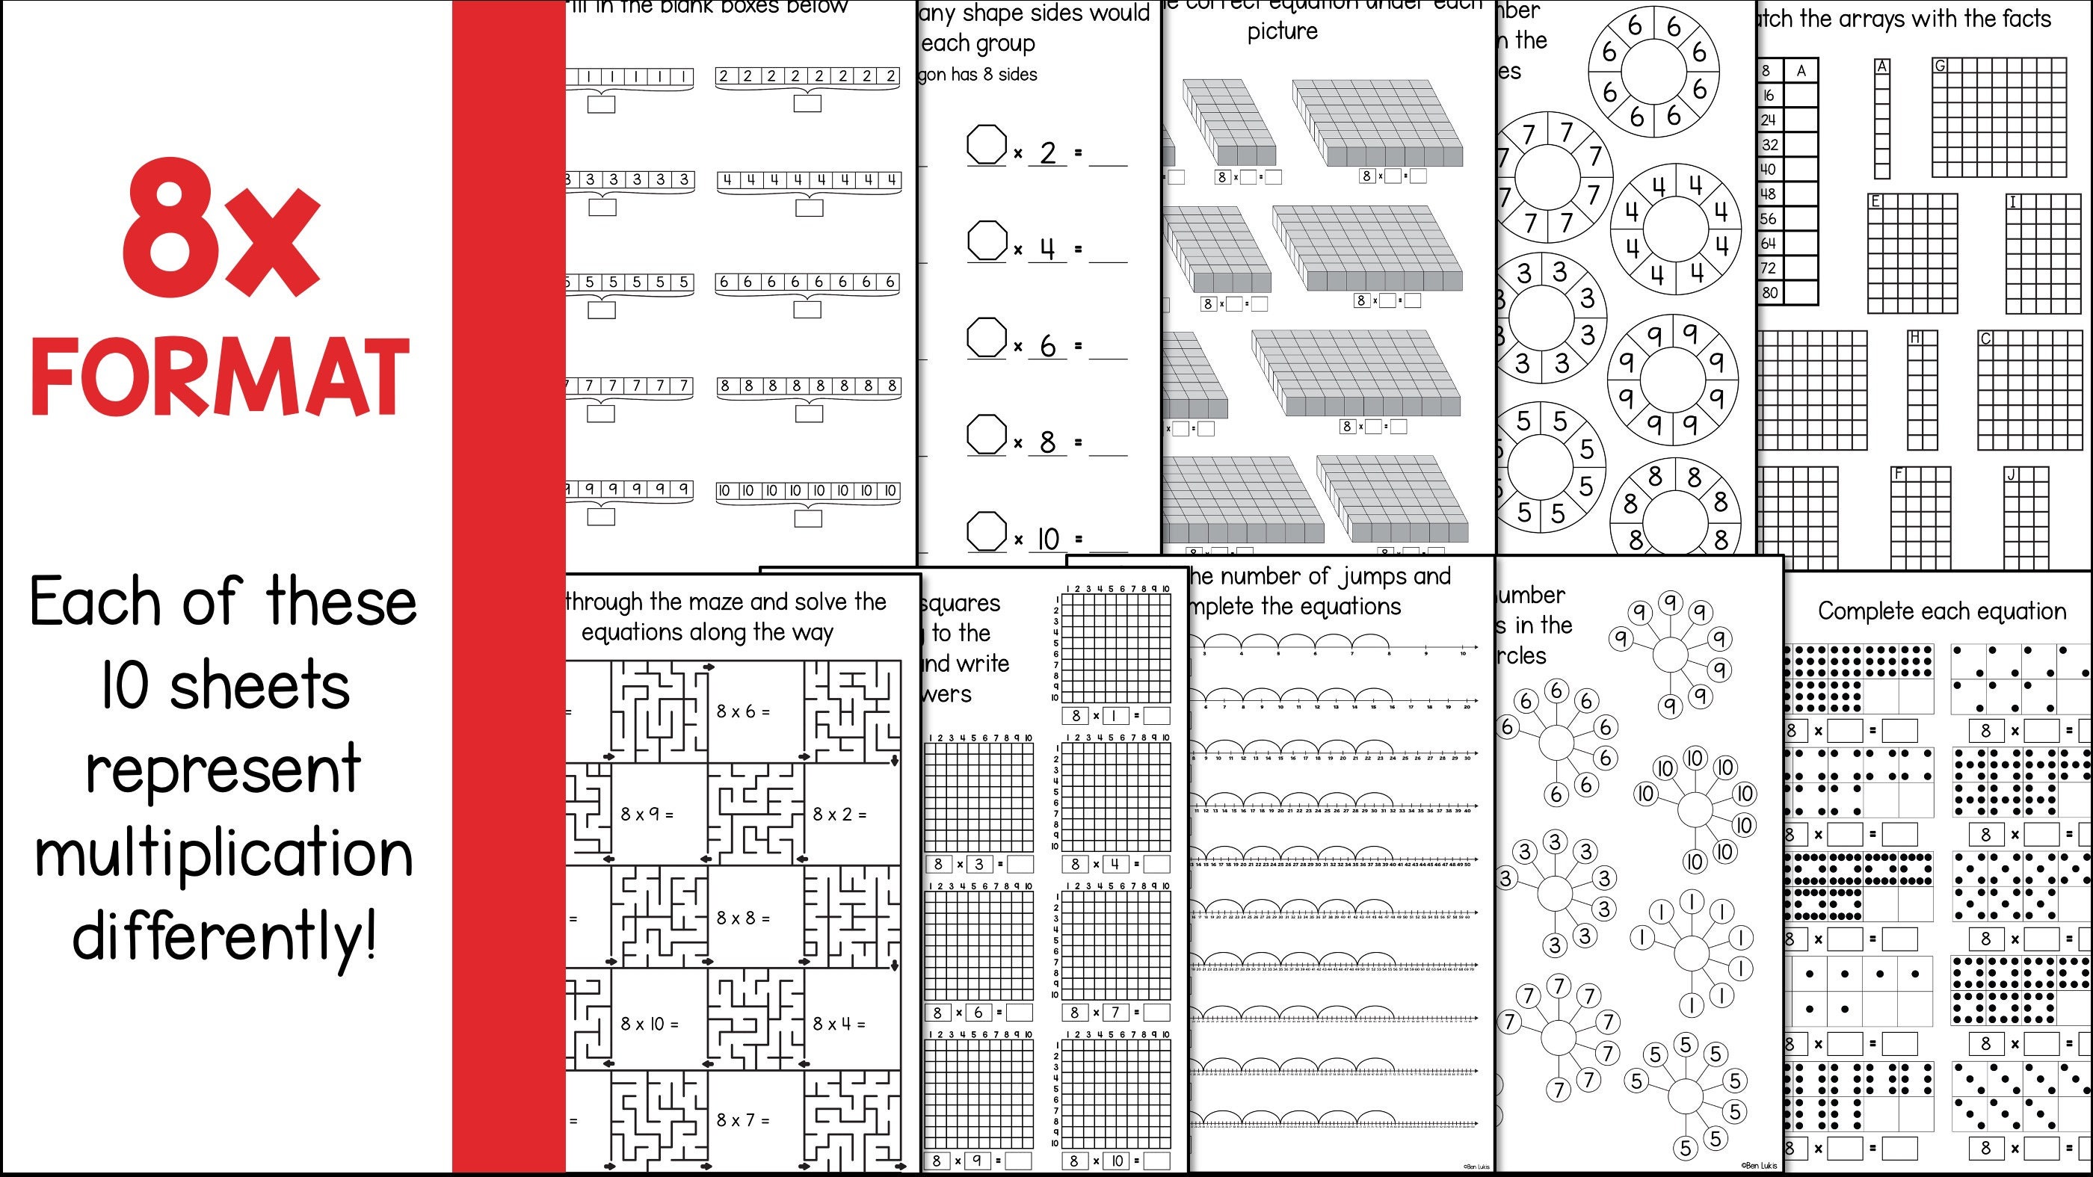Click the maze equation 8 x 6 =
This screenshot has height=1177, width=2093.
click(x=742, y=711)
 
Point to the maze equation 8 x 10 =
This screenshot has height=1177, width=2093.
click(x=648, y=1025)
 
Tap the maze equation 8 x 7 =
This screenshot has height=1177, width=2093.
click(x=742, y=1121)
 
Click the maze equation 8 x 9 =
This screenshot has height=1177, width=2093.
click(x=646, y=814)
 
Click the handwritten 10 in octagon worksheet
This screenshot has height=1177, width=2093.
click(x=1048, y=539)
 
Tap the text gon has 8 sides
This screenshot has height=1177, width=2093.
click(x=978, y=75)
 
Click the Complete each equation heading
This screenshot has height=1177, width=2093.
click(x=1942, y=611)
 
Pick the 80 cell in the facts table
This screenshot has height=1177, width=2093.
click(x=1769, y=292)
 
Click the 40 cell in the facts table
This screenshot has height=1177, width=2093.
click(x=1769, y=169)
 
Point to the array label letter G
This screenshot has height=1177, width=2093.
click(x=1940, y=66)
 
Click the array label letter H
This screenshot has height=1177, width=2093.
click(x=1914, y=337)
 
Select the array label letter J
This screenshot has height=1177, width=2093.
click(x=2011, y=475)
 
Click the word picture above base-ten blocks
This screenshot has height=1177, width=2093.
click(x=1282, y=31)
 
